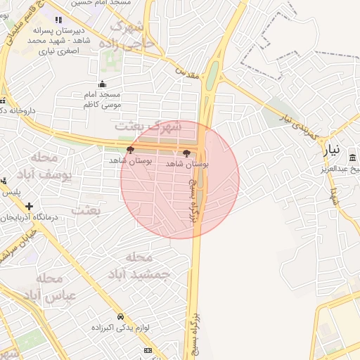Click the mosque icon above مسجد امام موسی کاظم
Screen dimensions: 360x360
103,84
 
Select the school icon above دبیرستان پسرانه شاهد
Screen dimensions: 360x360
58,20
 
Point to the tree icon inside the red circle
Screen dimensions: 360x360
186,153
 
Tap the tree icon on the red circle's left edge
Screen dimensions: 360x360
129,150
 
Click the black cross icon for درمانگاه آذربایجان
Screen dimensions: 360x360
29,206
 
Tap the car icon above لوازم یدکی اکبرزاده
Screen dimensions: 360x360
121,316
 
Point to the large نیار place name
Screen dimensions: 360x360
335,149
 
